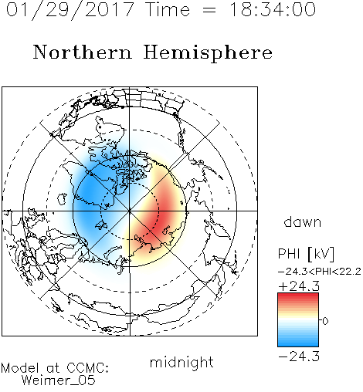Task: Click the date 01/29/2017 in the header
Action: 70,9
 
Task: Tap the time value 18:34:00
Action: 272,9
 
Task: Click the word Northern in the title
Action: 83,52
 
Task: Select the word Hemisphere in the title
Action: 208,53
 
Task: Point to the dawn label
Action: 303,221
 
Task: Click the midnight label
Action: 181,362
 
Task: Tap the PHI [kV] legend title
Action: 307,254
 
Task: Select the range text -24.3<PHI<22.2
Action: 320,272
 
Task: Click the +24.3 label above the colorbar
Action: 299,286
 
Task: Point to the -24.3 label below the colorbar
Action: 299,357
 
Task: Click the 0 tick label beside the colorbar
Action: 325,321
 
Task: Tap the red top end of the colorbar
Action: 298,296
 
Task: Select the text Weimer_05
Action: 59,380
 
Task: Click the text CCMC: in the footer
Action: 87,368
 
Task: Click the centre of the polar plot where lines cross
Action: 130,211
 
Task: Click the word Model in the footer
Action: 20,368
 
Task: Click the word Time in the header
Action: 168,9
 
